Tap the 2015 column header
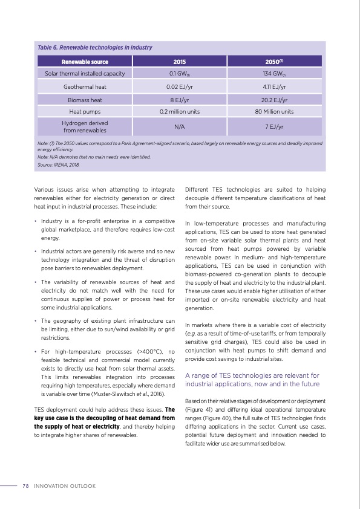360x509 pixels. coord(180,62)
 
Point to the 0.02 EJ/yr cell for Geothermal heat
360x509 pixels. coord(180,86)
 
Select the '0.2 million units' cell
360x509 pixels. coord(180,112)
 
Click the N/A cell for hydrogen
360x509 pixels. coord(180,127)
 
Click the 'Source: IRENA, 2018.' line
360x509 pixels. coord(58,164)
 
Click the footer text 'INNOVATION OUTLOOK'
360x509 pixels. coord(65,486)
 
